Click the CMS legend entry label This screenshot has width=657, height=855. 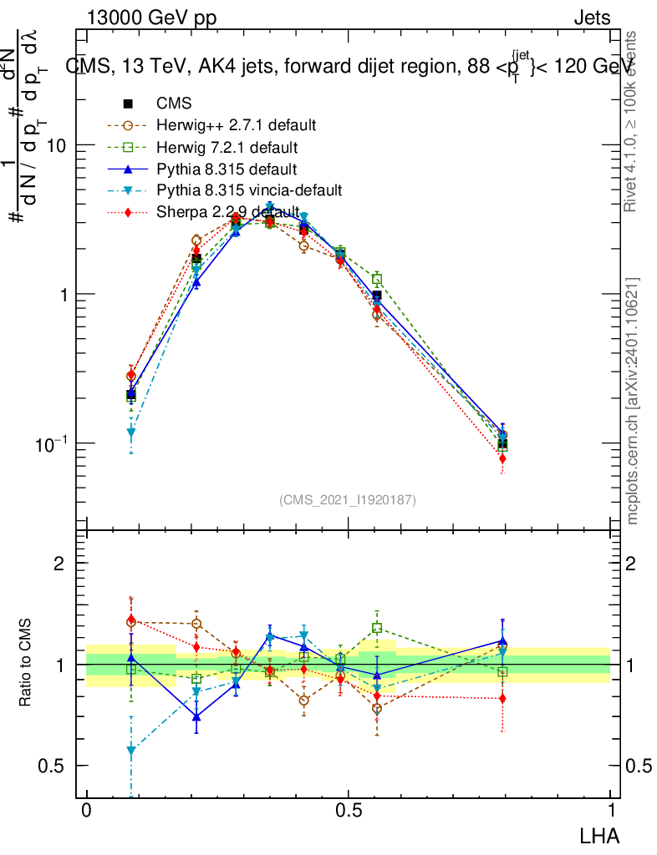point(174,104)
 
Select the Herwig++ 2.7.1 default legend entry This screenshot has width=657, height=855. point(236,126)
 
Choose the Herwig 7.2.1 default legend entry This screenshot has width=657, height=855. point(227,148)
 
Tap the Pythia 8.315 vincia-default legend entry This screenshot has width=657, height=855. point(249,190)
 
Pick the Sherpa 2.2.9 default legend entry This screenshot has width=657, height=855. point(227,212)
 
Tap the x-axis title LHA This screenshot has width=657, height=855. point(600,834)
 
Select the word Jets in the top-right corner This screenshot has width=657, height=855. point(592,18)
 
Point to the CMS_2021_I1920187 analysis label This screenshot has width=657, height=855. point(348,499)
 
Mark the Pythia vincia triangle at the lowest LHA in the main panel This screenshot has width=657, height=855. point(131,433)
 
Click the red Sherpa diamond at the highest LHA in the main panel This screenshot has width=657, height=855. point(502,458)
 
